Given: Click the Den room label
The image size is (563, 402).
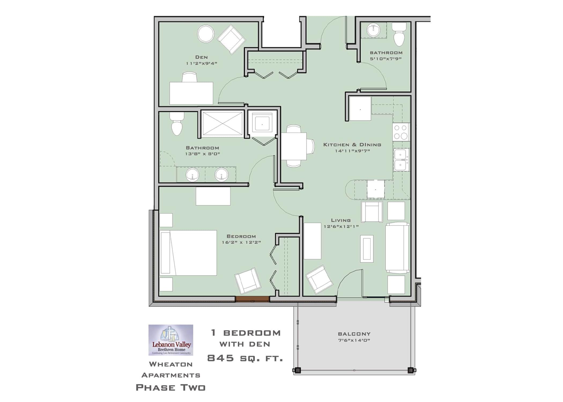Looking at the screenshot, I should point(201,57).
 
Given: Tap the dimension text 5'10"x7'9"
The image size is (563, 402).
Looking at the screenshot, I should point(386,59).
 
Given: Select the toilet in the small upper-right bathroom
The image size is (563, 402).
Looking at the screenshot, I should point(399,35).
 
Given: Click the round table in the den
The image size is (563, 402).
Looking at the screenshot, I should point(206,34).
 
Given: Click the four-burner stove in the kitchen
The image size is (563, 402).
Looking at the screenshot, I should point(401,132).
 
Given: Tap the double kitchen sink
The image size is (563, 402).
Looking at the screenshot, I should point(401,160).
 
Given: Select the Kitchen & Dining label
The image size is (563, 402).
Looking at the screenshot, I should point(352,145).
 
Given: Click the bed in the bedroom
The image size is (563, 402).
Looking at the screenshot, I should point(188,253).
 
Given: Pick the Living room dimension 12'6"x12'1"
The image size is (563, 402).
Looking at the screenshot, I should point(341,226).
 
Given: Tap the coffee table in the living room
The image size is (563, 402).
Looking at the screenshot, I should point(366,249).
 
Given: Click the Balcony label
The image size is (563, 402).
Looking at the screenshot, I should point(354,334).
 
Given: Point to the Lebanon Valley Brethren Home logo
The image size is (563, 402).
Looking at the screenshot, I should point(171,340).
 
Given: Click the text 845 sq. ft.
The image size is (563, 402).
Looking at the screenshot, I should point(245,358).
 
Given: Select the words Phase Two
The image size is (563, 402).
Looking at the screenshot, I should point(171,388).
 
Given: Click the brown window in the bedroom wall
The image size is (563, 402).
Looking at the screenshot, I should point(252,299).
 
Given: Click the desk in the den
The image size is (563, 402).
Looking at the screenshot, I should point(191,93).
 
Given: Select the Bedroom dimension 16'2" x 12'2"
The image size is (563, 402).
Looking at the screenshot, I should point(241,243).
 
